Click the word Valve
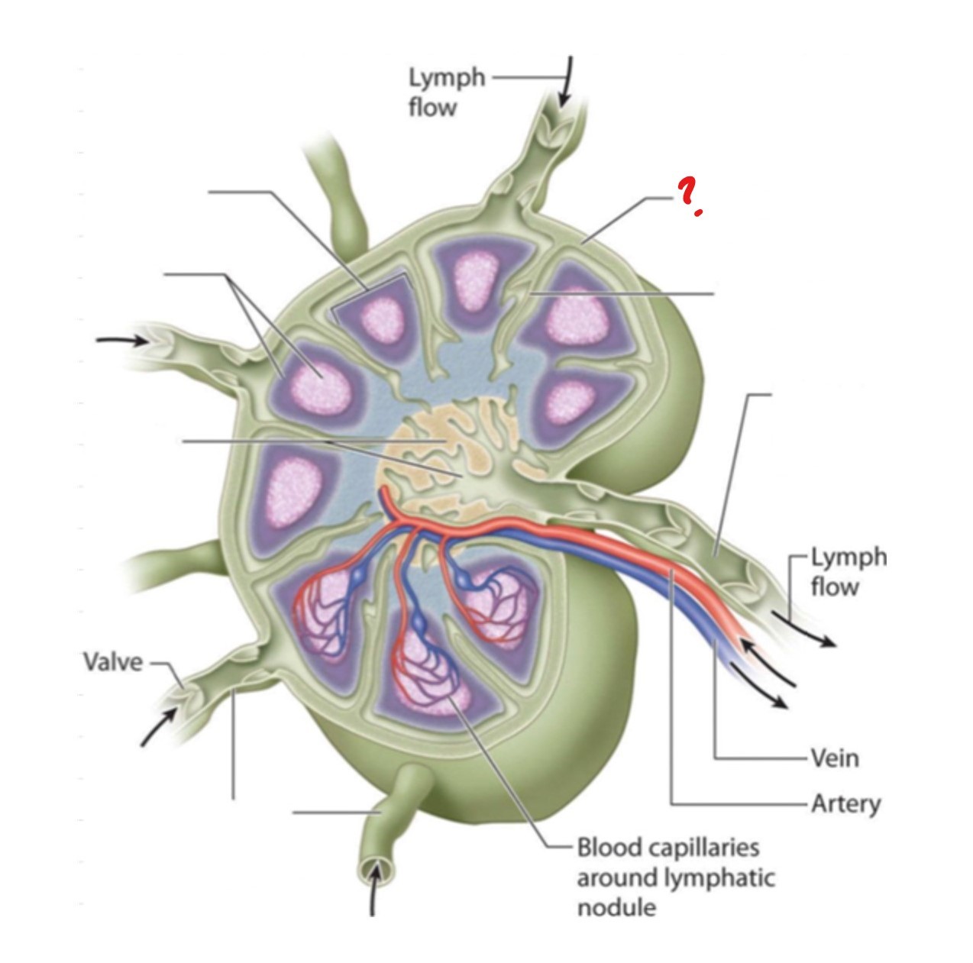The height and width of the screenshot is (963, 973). click(x=112, y=661)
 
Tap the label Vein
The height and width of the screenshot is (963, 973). click(x=835, y=758)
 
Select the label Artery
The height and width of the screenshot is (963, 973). click(x=845, y=803)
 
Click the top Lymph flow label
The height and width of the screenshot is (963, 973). click(x=446, y=92)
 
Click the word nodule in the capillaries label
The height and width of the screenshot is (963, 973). click(x=616, y=908)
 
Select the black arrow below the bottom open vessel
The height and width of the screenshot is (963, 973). click(x=373, y=895)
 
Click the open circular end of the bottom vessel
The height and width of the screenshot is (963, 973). click(x=374, y=868)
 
